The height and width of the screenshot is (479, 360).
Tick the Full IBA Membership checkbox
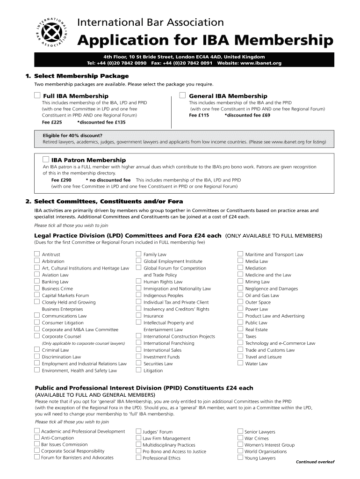(37, 95)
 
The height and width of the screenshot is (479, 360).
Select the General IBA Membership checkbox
(183, 95)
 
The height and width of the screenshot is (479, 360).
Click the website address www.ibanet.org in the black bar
(261, 63)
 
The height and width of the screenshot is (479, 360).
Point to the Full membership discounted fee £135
(101, 122)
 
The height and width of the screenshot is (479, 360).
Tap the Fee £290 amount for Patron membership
(61, 180)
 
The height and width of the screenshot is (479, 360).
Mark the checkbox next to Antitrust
(36, 254)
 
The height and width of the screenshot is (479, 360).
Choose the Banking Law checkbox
(36, 282)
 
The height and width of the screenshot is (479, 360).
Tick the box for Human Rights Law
(138, 282)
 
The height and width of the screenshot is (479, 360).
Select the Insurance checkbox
(138, 316)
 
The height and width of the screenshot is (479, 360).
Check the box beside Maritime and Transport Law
(240, 254)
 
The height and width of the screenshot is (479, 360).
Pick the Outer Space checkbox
(240, 302)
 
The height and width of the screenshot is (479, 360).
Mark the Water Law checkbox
(240, 363)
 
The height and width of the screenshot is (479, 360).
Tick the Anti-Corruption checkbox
(36, 438)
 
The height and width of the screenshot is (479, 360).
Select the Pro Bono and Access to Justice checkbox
(138, 451)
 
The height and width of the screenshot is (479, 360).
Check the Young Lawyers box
(240, 458)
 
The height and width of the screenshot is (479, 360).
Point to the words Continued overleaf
(315, 462)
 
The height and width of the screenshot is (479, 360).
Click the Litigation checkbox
(138, 370)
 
